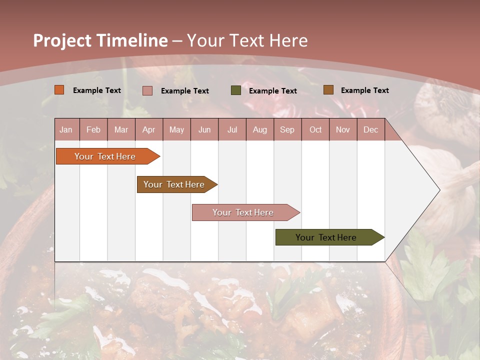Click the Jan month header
(66, 129)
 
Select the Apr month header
(149, 129)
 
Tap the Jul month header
(232, 129)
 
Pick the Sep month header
(287, 129)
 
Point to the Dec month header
(370, 129)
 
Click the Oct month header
(315, 129)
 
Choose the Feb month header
(93, 129)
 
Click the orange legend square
(59, 90)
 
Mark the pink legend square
(147, 90)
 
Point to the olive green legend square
(235, 90)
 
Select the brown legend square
(328, 90)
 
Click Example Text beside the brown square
(364, 90)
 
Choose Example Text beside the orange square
(96, 90)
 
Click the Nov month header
(343, 129)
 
